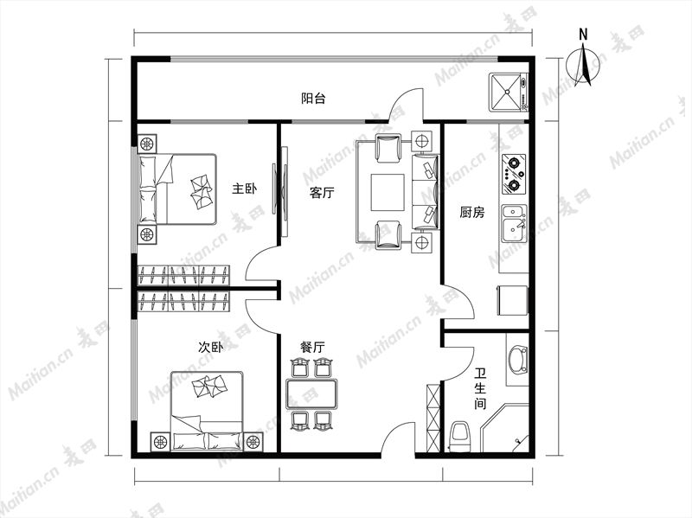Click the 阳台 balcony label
coord(313,98)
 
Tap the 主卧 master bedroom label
coord(245,189)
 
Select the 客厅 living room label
coord(322,192)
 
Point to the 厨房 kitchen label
coord(471,213)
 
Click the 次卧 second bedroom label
coord(210,348)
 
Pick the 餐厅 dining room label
coord(312,348)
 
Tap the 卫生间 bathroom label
coord(480,389)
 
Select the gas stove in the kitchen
coord(514,175)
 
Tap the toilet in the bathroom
coord(459,437)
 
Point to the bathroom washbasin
coord(517,358)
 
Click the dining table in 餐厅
coord(312,393)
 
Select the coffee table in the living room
coord(388,192)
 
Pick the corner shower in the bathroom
coord(505,427)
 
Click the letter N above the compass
coord(583,35)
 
